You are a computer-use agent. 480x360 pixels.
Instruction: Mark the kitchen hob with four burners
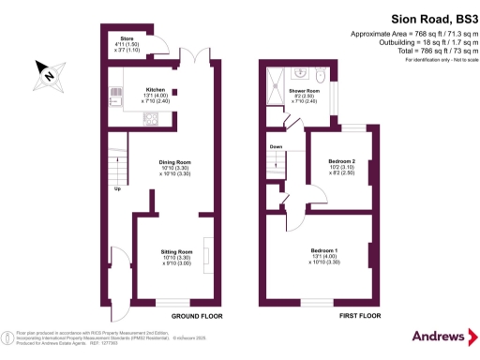pyautogui.click(x=149, y=119)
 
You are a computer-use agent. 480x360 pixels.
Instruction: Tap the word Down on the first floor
pyautogui.click(x=276, y=147)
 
